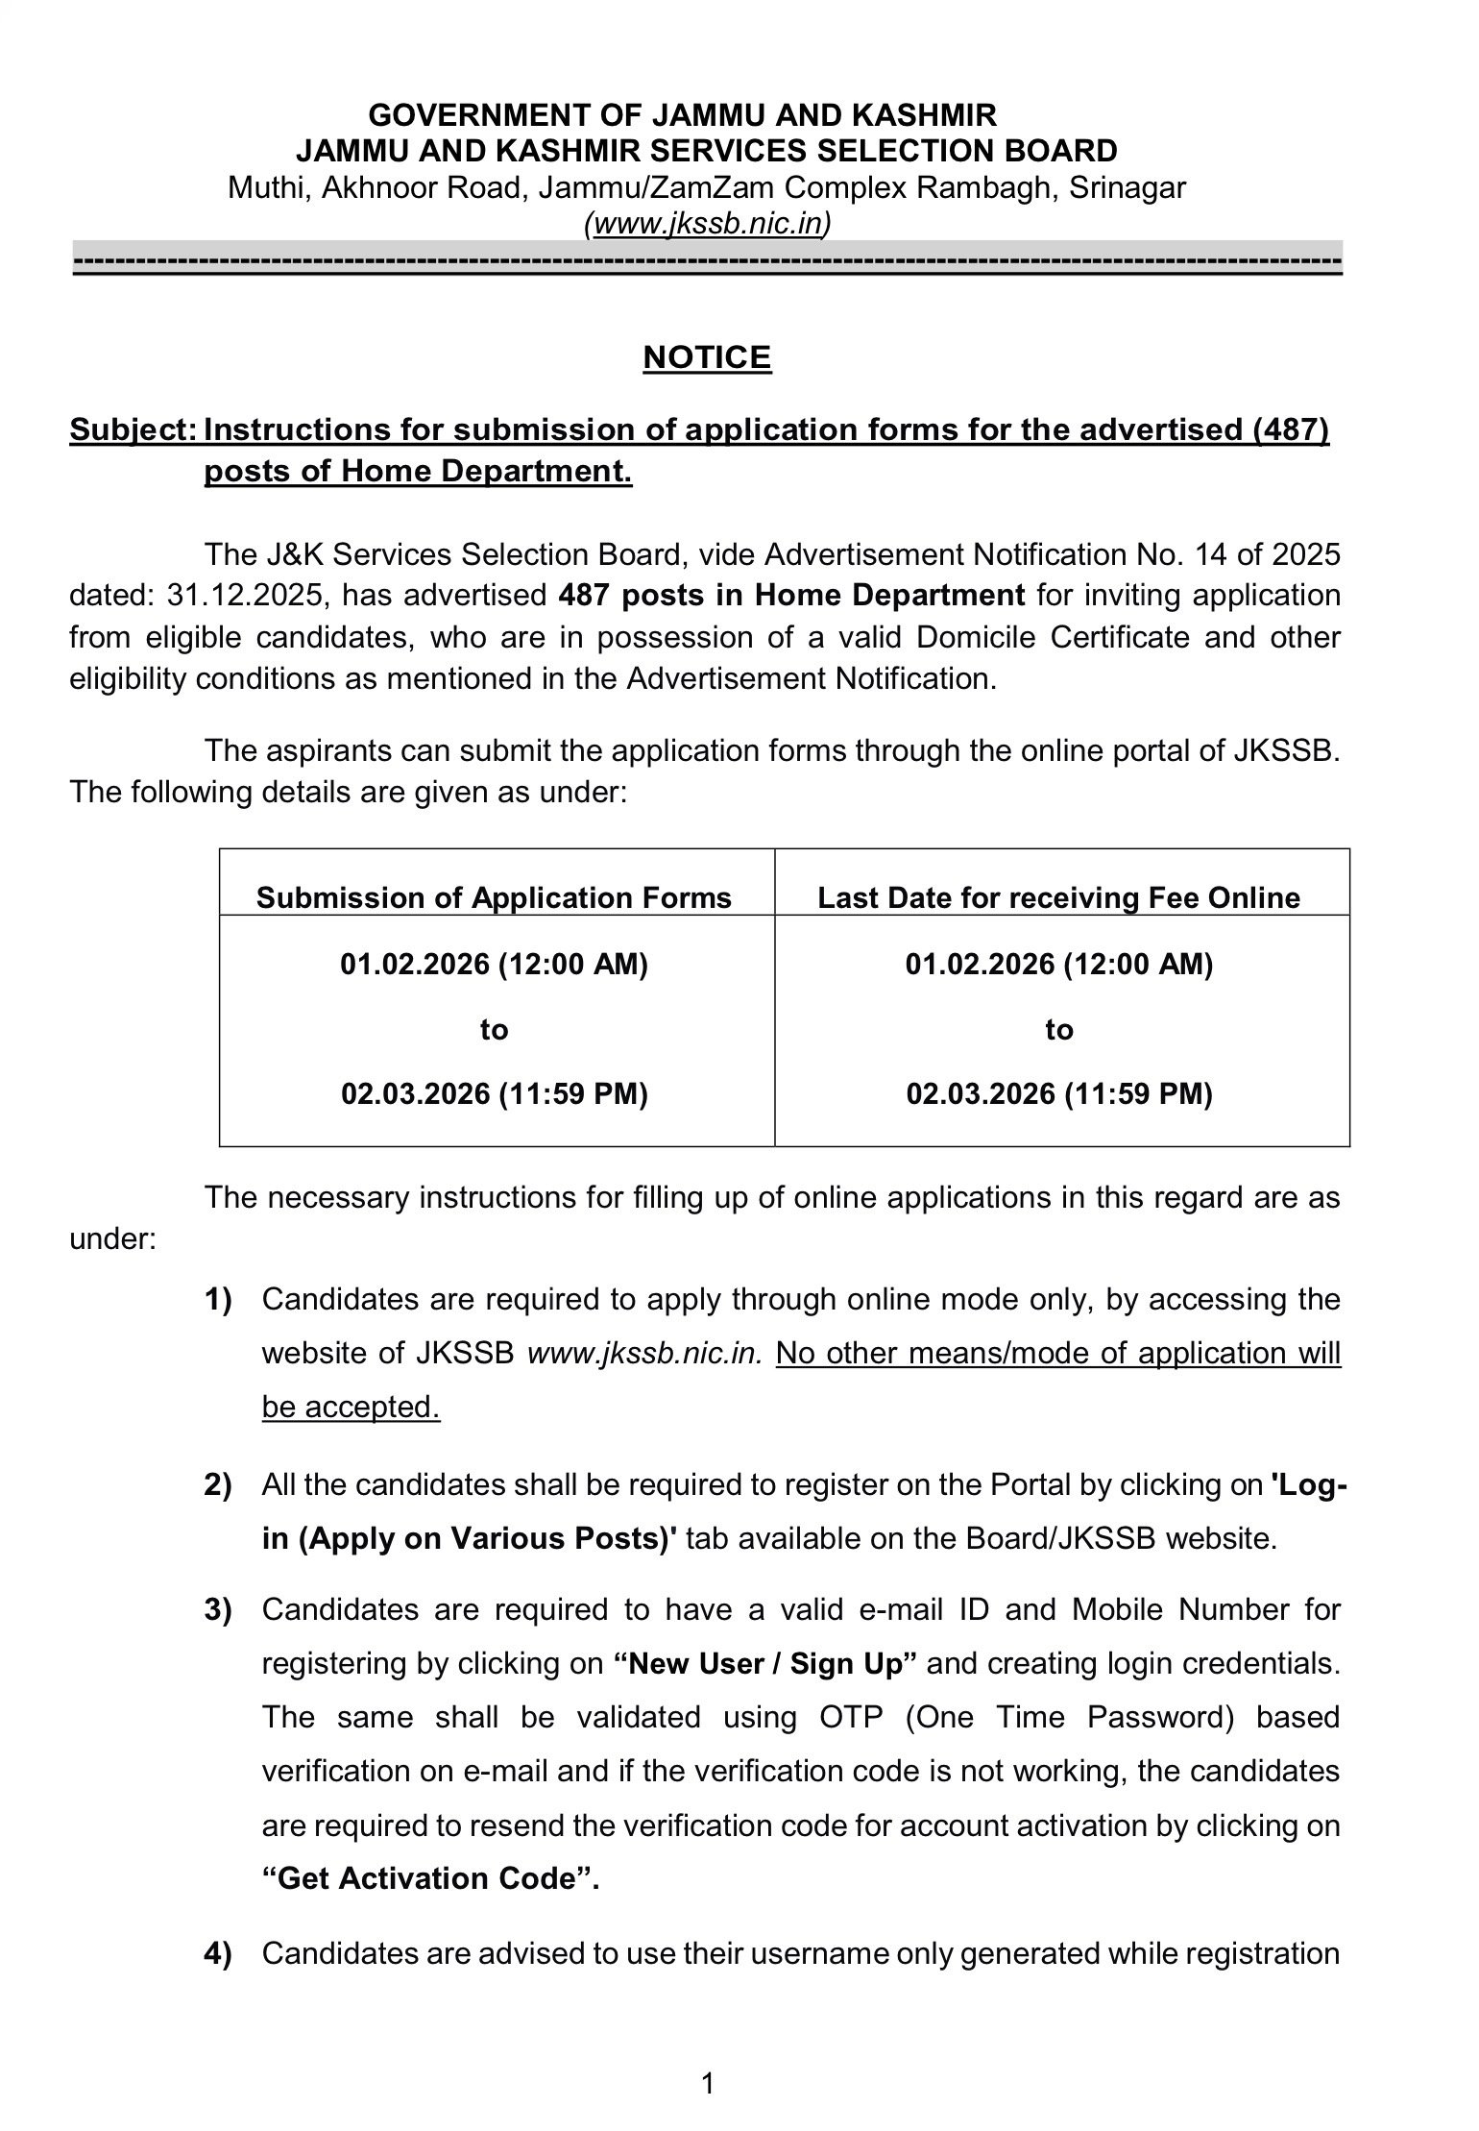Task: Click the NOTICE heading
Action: click(x=707, y=357)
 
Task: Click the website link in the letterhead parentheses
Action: click(x=708, y=224)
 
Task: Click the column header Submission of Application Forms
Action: click(x=494, y=897)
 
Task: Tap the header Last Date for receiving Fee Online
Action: click(x=1058, y=897)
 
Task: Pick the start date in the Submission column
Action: click(x=494, y=964)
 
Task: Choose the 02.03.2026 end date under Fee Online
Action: click(x=1058, y=1093)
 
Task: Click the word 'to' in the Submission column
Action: click(x=494, y=1030)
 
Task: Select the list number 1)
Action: click(x=218, y=1300)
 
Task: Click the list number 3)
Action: click(x=218, y=1609)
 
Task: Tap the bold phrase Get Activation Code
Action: click(x=430, y=1879)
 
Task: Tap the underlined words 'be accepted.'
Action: click(x=351, y=1408)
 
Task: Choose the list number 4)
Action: click(x=218, y=1953)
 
